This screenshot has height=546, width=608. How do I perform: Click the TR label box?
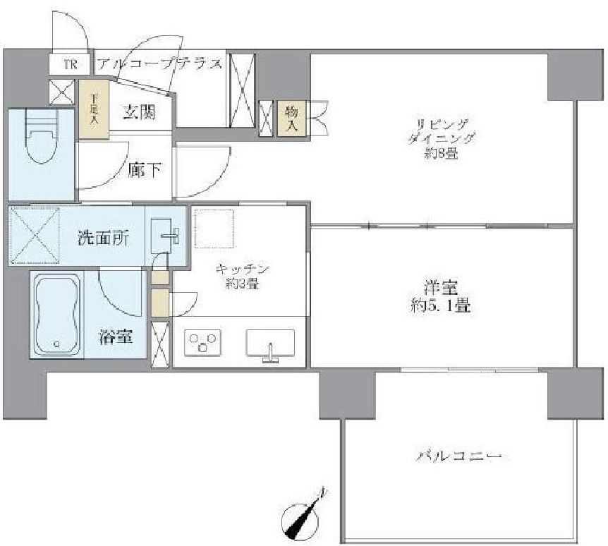[x=70, y=64]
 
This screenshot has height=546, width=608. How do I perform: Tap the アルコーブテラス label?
[x=159, y=64]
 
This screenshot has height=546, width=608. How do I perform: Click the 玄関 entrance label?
[x=138, y=111]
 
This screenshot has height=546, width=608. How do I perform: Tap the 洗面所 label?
[x=103, y=238]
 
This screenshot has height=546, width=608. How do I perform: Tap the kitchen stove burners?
[x=202, y=344]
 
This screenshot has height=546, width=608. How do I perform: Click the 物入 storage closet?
[x=291, y=118]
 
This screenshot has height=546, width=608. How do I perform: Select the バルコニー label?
[x=458, y=456]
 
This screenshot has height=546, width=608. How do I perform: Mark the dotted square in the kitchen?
[x=214, y=229]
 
